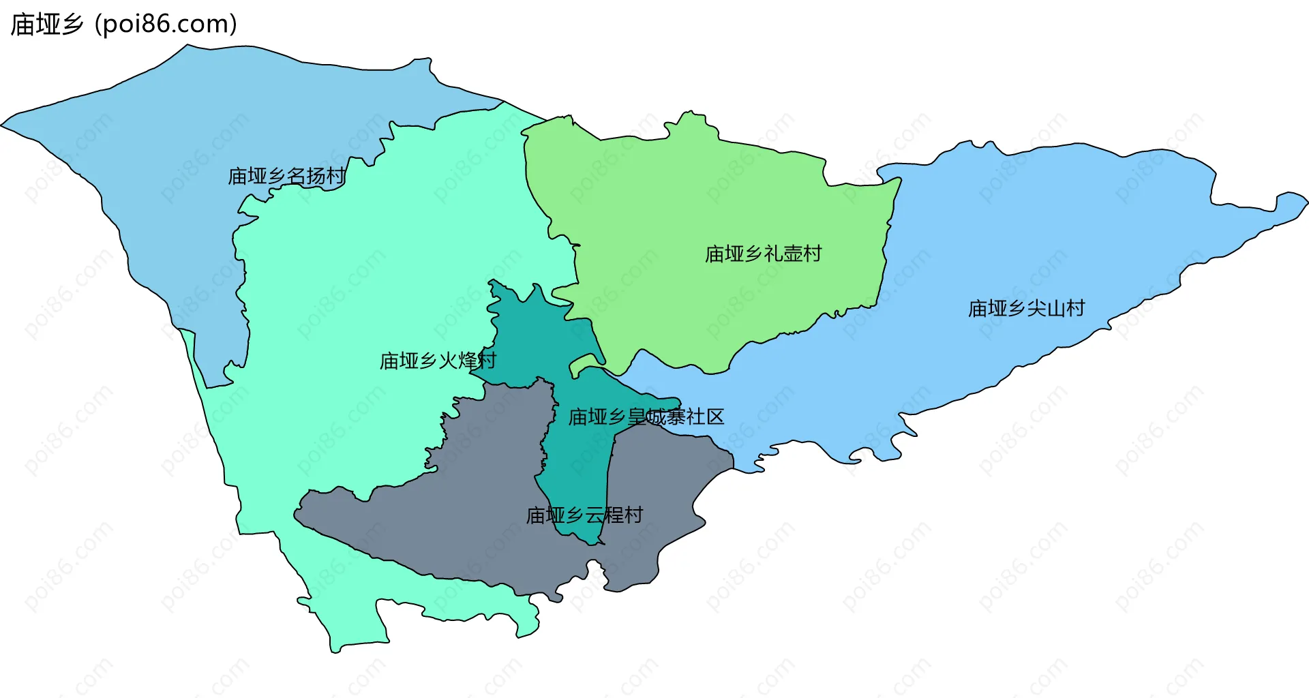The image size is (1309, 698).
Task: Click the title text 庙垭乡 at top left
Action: pos(46,25)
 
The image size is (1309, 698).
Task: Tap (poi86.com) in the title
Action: pos(166,25)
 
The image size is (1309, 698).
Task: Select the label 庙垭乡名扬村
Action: pos(286,176)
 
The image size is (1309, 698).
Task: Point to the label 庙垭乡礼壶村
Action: pos(763,254)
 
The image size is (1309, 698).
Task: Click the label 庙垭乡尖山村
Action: pos(1026,309)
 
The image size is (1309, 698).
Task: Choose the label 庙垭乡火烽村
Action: pos(438,361)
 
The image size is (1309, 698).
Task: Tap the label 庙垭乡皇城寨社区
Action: pos(646,416)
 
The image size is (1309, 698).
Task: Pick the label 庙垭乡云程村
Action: pos(584,515)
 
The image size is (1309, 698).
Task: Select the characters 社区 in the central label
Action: pos(706,416)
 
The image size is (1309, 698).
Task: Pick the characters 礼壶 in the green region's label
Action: pos(783,254)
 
